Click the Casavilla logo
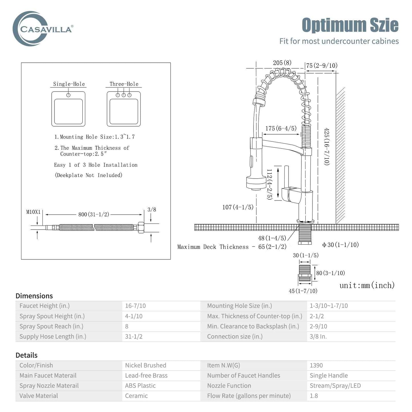(x=43, y=29)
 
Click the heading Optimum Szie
(x=350, y=25)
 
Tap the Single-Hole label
(x=69, y=84)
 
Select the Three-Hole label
(x=124, y=84)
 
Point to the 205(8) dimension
(x=282, y=63)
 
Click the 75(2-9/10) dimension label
(x=322, y=65)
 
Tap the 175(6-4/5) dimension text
(x=281, y=128)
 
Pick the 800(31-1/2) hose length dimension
(x=94, y=214)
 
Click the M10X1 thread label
(x=33, y=212)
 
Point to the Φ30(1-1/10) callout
(x=340, y=245)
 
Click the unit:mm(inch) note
(x=367, y=285)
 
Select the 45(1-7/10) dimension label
(x=303, y=291)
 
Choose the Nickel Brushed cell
(x=146, y=365)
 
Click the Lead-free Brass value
(x=146, y=376)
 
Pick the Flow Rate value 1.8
(x=314, y=396)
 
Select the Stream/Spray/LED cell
(x=335, y=385)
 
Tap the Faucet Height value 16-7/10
(x=135, y=306)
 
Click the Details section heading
(x=27, y=355)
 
